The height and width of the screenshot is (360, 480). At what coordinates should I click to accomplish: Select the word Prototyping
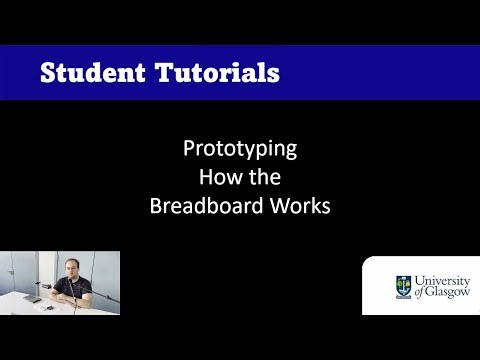[x=240, y=150]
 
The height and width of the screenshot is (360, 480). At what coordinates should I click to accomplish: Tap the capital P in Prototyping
[x=189, y=150]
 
